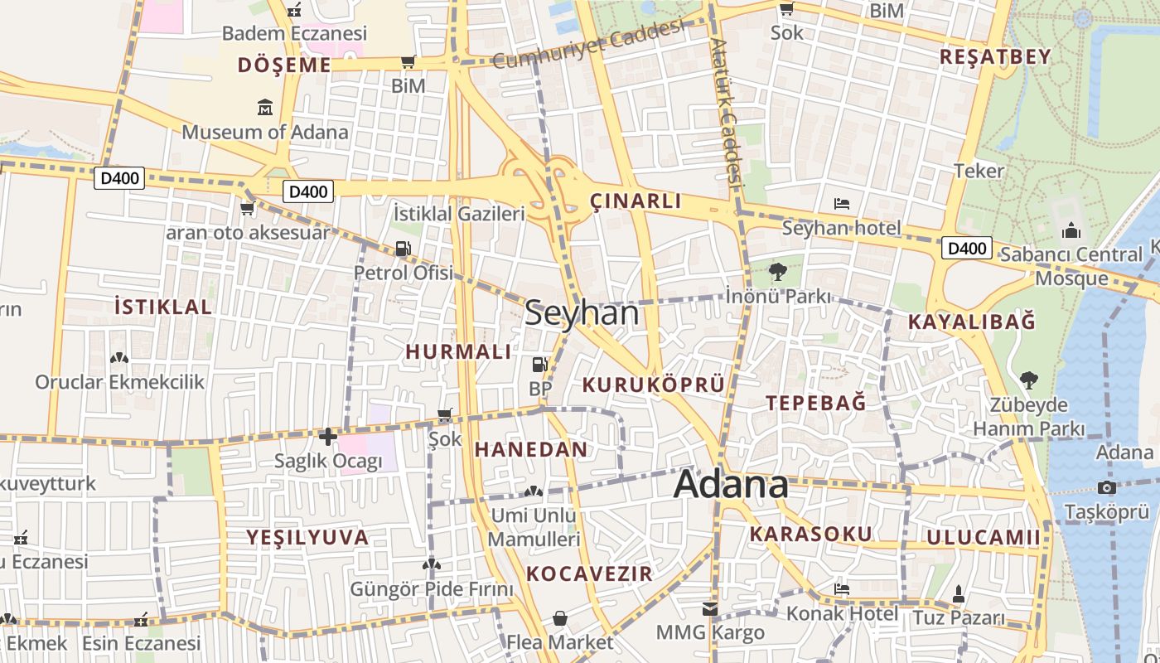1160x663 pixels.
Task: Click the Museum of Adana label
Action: click(265, 132)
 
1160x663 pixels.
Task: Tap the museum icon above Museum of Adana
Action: click(265, 108)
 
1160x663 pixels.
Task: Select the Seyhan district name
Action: click(582, 313)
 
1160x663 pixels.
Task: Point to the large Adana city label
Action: click(731, 484)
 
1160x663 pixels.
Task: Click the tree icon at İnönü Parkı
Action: click(777, 271)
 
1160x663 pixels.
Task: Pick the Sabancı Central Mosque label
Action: click(1071, 265)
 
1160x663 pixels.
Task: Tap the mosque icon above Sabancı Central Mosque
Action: click(1071, 230)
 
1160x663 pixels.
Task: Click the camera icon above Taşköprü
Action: click(1106, 487)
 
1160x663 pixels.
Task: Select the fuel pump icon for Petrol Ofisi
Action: click(404, 248)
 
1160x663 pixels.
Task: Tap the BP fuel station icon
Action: click(539, 364)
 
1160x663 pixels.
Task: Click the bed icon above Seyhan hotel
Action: click(842, 204)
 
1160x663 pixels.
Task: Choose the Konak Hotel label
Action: click(842, 613)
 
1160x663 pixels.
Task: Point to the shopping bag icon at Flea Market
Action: click(560, 618)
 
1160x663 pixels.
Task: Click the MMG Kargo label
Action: click(710, 633)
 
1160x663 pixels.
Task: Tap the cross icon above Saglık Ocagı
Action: click(328, 436)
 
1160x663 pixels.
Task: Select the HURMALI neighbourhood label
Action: click(458, 351)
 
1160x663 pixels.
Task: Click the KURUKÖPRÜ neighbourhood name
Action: click(654, 385)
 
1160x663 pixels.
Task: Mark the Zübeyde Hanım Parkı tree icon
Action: click(1028, 380)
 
